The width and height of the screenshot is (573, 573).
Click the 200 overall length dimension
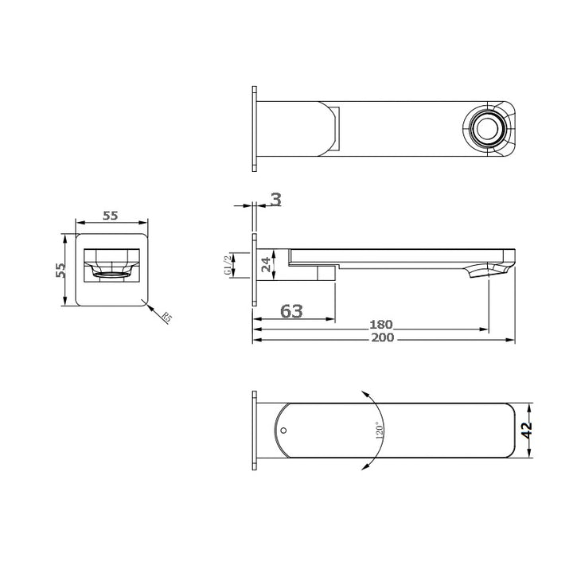coord(384,337)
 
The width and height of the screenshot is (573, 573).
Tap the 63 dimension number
coord(291,311)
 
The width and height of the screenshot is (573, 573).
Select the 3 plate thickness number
coord(275,199)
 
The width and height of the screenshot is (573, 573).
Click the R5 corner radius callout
coord(166,318)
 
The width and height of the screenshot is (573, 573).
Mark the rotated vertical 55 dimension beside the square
coord(60,269)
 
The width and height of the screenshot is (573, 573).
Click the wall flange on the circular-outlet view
coord(254,127)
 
